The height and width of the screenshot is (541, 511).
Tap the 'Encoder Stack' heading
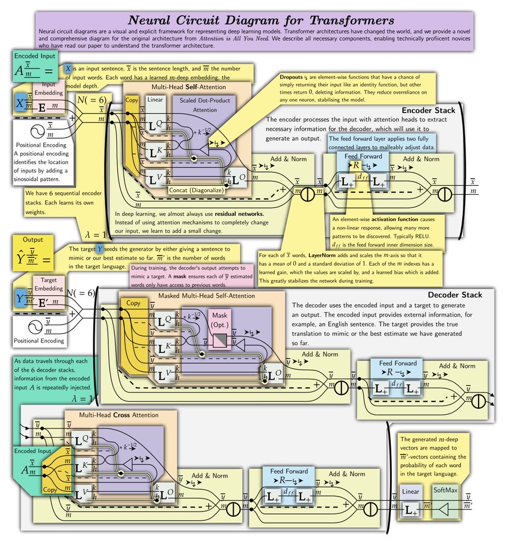[x=428, y=111]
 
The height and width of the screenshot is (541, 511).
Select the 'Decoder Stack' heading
[x=455, y=295]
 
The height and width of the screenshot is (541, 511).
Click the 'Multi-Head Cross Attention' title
[x=119, y=415]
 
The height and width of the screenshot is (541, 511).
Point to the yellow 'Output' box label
[x=34, y=239]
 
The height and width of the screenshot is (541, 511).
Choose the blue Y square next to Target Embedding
[x=23, y=299]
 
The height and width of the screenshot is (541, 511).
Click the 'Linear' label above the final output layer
[x=411, y=492]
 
